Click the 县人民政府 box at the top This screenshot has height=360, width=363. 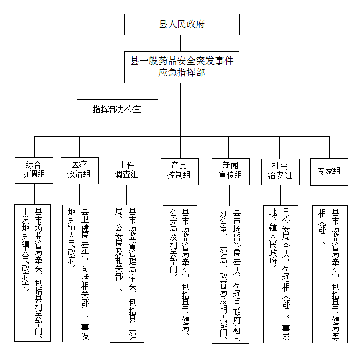(182, 24)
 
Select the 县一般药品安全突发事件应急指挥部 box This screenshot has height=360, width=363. (182, 67)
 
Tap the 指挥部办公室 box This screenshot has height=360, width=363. (117, 109)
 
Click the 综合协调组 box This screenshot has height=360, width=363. (33, 170)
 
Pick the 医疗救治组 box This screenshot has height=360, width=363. (79, 170)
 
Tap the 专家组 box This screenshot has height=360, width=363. (329, 171)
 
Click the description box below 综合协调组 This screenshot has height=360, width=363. (33, 272)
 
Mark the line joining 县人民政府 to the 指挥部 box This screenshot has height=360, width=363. (182, 43)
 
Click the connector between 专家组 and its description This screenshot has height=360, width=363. (330, 195)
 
